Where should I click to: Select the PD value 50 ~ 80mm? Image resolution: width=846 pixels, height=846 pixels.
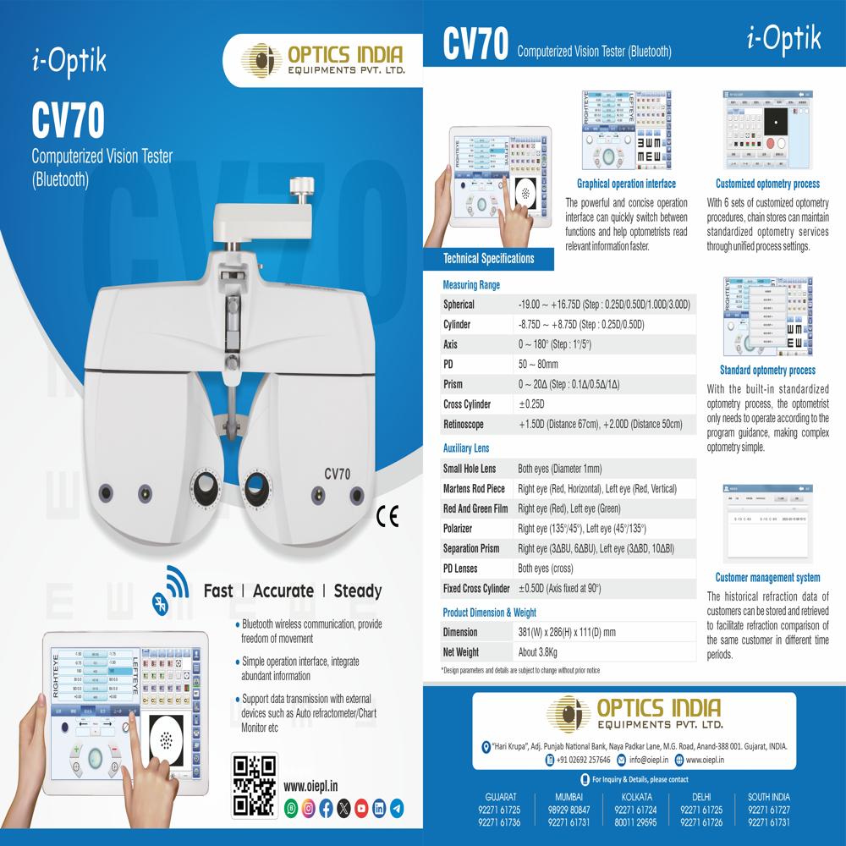pyautogui.click(x=538, y=365)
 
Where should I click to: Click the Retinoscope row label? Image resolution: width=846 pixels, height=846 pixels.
pyautogui.click(x=464, y=425)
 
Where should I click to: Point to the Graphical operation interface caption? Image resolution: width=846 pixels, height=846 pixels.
pyautogui.click(x=626, y=184)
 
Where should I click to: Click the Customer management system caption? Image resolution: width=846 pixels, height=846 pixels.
pyautogui.click(x=767, y=578)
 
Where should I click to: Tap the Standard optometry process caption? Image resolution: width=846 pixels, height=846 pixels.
pyautogui.click(x=767, y=371)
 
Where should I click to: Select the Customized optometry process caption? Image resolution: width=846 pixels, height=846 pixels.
pyautogui.click(x=767, y=184)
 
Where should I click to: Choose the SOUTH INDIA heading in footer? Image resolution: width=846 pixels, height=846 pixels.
pyautogui.click(x=768, y=797)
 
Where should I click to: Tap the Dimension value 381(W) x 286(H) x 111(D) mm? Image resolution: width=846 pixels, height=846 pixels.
pyautogui.click(x=566, y=632)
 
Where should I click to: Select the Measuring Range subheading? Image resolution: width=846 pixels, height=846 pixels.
pyautogui.click(x=471, y=285)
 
